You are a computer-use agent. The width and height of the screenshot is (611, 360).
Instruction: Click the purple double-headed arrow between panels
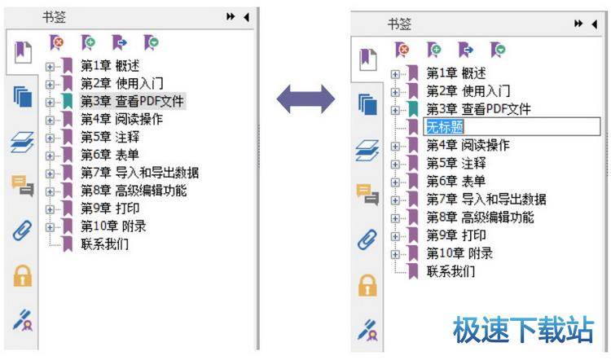pyautogui.click(x=305, y=99)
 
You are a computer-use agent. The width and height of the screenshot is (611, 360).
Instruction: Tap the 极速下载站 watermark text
pyautogui.click(x=523, y=330)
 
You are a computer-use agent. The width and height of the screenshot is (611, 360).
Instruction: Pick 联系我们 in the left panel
pyautogui.click(x=104, y=244)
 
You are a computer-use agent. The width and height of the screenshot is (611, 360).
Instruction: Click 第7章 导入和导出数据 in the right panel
pyautogui.click(x=486, y=200)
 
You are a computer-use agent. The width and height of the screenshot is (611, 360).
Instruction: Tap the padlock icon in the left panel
pyautogui.click(x=22, y=276)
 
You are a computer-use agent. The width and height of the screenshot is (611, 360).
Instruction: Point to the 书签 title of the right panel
pyautogui.click(x=399, y=24)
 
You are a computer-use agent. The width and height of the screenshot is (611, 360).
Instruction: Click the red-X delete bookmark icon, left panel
pyautogui.click(x=56, y=41)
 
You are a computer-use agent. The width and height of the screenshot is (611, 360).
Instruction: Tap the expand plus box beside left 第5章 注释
pyautogui.click(x=51, y=137)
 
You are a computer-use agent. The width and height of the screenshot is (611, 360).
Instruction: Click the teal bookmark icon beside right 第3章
pyautogui.click(x=413, y=109)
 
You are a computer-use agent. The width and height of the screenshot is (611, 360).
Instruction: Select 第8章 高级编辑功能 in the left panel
pyautogui.click(x=134, y=191)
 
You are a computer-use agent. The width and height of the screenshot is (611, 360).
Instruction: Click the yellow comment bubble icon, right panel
pyautogui.click(x=369, y=195)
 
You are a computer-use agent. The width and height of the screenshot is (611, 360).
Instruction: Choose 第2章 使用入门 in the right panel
pyautogui.click(x=468, y=91)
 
